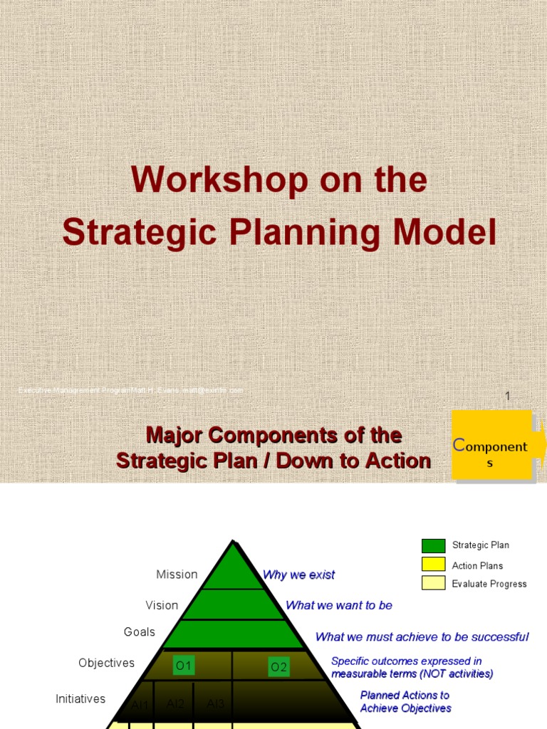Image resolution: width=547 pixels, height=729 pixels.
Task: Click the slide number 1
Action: (508, 397)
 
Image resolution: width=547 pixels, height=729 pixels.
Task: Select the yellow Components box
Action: (491, 445)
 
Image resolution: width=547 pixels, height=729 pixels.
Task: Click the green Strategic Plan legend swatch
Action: (433, 546)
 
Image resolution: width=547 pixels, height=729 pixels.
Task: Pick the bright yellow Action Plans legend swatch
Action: (433, 565)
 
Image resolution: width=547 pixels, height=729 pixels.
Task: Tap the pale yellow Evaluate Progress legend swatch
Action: (433, 583)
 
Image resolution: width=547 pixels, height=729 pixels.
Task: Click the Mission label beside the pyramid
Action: (177, 575)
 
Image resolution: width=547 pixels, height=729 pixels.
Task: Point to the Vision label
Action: (162, 605)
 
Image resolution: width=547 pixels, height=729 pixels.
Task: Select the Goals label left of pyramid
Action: (140, 632)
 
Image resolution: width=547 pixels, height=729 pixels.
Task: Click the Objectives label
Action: (106, 663)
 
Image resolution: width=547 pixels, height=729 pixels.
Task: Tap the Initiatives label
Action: (80, 699)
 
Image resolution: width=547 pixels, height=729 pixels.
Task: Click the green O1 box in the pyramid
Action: (184, 666)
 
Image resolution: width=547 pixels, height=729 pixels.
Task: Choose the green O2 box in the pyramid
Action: (278, 667)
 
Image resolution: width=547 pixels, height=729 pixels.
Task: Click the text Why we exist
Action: (298, 575)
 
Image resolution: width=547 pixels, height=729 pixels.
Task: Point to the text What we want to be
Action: (338, 605)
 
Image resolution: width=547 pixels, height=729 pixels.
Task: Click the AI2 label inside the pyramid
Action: (176, 704)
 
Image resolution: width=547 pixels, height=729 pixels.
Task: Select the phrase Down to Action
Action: (353, 461)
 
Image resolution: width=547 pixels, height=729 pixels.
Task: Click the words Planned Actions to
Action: (405, 695)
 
